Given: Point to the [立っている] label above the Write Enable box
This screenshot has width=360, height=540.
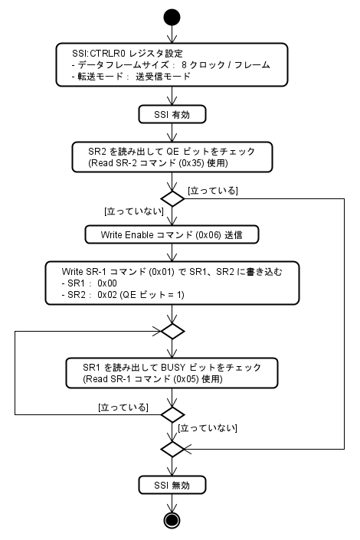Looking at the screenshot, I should coord(212,189).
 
